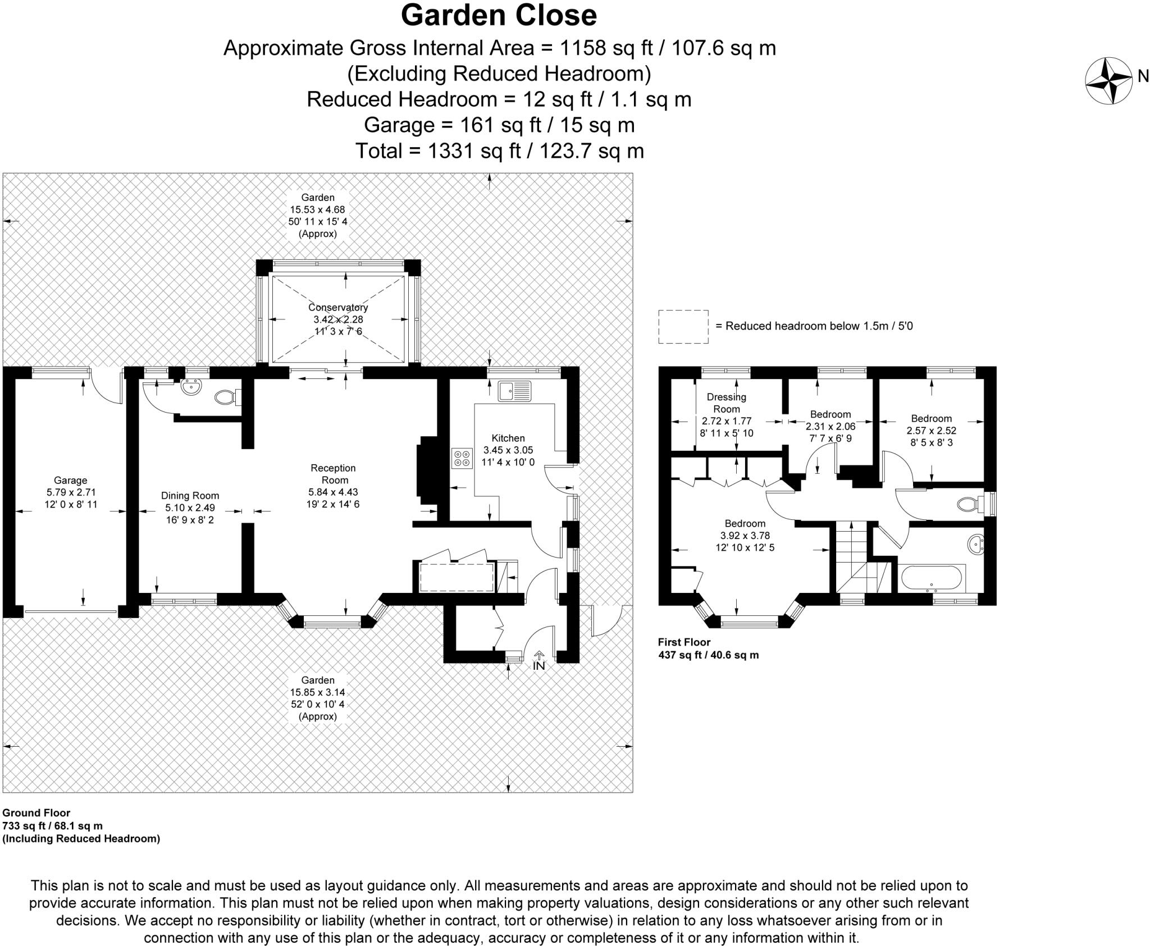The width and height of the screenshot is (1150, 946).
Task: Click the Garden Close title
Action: point(498,16)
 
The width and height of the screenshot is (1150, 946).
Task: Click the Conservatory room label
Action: point(338,308)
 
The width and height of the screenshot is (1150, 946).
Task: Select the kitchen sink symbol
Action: point(514,391)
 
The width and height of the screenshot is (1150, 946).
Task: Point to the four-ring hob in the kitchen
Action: point(462,458)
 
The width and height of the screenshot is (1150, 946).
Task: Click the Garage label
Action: point(71,481)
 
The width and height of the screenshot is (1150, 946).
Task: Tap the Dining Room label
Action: point(190,496)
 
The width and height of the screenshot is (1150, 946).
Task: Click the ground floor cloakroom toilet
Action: point(226,397)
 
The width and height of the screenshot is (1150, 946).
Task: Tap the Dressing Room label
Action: point(727,403)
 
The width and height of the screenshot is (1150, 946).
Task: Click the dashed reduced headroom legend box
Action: point(683,326)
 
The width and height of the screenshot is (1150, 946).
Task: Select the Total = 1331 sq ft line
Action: point(499,150)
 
